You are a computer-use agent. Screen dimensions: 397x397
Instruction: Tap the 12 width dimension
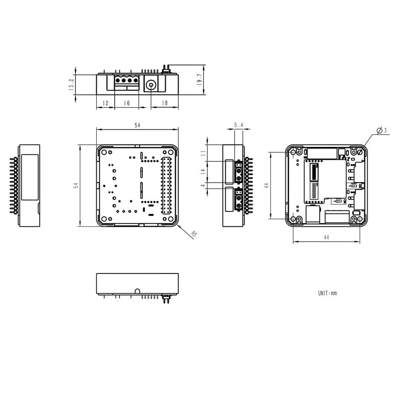(x=105, y=103)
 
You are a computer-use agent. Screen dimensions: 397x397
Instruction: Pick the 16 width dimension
(x=127, y=103)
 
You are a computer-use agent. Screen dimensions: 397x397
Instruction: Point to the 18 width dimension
(x=164, y=103)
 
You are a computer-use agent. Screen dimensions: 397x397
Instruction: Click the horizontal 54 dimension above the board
(x=137, y=126)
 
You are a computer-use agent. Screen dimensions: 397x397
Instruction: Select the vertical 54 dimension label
(x=76, y=185)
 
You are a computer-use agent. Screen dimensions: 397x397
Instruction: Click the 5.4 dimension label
(x=239, y=126)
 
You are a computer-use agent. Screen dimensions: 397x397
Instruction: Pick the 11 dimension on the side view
(x=203, y=153)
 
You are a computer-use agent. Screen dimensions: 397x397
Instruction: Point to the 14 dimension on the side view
(x=203, y=172)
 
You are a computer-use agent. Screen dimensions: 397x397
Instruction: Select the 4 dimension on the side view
(x=203, y=186)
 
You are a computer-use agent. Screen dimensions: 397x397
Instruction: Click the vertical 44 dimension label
(x=266, y=185)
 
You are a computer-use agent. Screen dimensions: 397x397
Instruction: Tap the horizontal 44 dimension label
(x=326, y=238)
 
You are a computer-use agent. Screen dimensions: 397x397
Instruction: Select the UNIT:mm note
(x=328, y=293)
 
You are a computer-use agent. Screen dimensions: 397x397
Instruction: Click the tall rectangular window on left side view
(x=30, y=177)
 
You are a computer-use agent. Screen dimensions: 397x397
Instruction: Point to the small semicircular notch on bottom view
(x=137, y=290)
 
